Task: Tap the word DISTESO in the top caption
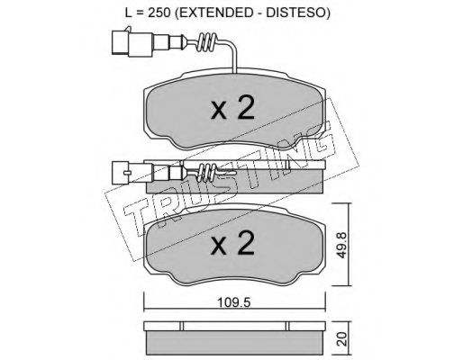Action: (x=296, y=13)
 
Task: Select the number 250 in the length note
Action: (x=159, y=13)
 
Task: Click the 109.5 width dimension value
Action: (x=234, y=303)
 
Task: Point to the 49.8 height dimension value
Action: (x=341, y=245)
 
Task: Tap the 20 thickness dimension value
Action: (x=342, y=338)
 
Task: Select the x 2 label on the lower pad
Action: (x=233, y=243)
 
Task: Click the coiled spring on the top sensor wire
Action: (x=207, y=42)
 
